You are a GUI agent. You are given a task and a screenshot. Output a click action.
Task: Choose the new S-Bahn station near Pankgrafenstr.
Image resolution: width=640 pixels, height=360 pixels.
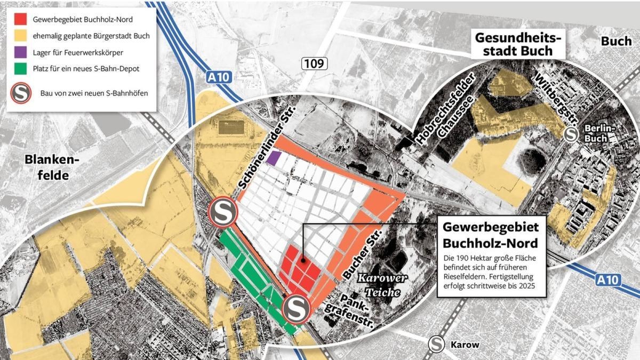[x=295, y=309]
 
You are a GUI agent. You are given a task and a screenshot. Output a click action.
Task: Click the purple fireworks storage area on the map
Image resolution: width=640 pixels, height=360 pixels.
[x=274, y=158]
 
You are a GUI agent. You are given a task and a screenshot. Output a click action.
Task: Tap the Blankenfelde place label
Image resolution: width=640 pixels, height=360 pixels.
[x=52, y=167]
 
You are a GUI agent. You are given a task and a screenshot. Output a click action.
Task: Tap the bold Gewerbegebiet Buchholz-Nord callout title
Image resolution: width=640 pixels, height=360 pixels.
[x=491, y=234]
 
